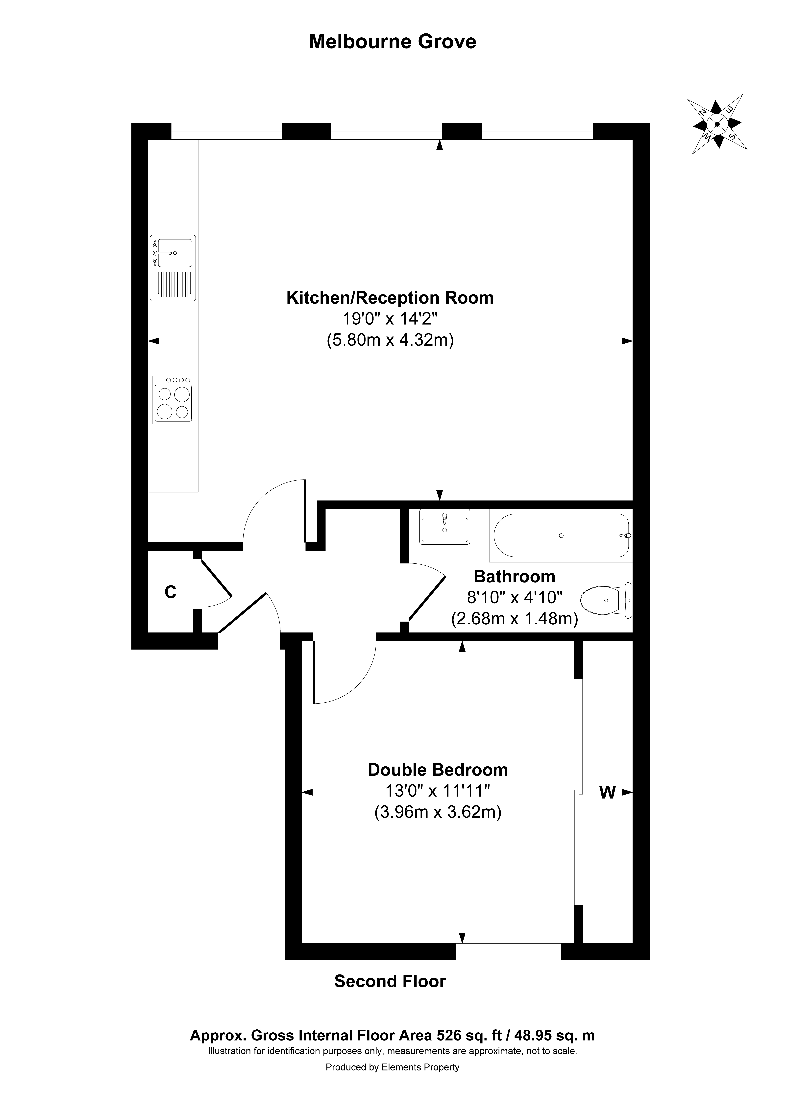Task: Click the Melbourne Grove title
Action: [x=393, y=42]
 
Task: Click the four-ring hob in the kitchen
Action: [x=173, y=400]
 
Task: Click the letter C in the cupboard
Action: [x=170, y=592]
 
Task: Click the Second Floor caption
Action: [x=390, y=991]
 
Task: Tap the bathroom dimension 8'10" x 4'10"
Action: [x=514, y=597]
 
